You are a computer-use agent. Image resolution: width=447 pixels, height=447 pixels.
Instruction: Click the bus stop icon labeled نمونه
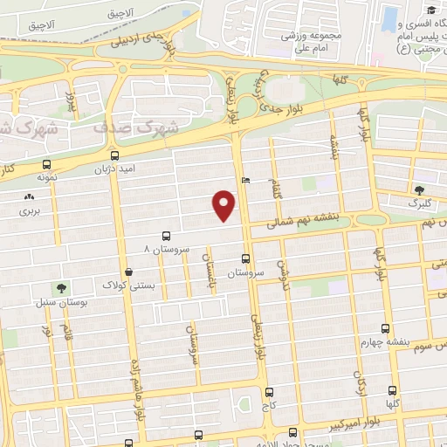(x=45, y=163)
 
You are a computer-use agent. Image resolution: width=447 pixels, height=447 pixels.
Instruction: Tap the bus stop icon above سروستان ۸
(x=166, y=236)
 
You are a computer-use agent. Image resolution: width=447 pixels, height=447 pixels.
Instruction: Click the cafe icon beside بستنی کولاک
(x=129, y=272)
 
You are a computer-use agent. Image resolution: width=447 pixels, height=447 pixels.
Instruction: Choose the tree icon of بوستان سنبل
(x=60, y=287)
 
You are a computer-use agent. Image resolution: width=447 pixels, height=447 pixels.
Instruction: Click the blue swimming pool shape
(x=389, y=19)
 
